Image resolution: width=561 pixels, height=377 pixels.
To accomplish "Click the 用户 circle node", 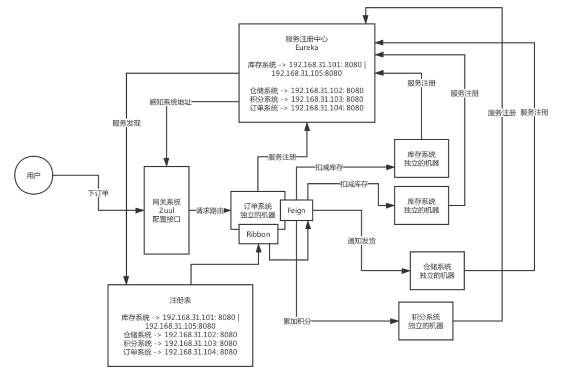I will click(x=33, y=176).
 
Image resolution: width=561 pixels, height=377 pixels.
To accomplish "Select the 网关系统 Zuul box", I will click(x=167, y=210).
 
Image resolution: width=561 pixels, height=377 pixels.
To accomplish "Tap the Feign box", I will click(x=296, y=210).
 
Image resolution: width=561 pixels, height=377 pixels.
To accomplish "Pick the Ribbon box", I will click(x=259, y=234).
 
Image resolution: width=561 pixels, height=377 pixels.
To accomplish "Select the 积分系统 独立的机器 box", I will click(x=425, y=321).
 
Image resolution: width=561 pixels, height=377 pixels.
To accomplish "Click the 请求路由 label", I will click(x=210, y=210).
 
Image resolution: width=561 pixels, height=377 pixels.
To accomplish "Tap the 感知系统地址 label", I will click(x=171, y=102).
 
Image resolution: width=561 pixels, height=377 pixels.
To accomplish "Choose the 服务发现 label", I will click(x=126, y=122).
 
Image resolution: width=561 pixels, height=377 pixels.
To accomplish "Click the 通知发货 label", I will click(x=361, y=241).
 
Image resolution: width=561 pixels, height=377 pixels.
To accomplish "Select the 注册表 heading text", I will click(x=180, y=300).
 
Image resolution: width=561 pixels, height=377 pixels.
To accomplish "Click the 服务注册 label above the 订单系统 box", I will click(x=282, y=156).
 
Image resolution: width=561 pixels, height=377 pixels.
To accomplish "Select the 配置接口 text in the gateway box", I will click(x=167, y=219).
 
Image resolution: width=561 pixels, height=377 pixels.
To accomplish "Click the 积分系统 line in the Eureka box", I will click(x=306, y=100).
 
